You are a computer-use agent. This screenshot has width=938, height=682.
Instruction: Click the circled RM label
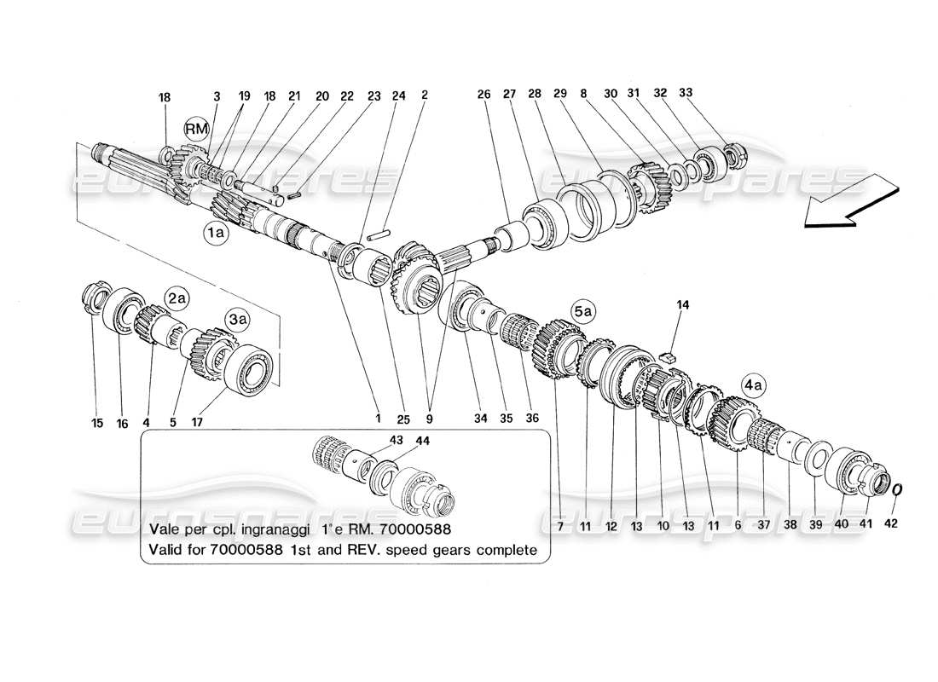[197, 130]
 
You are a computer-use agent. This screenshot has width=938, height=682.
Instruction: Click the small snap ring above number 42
[898, 490]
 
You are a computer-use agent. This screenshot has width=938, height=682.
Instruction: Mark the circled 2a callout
[176, 298]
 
